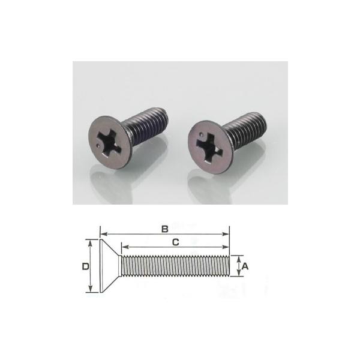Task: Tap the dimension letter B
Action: [x=164, y=228]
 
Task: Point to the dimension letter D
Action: [x=85, y=265]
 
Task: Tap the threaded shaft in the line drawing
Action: [x=174, y=266]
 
